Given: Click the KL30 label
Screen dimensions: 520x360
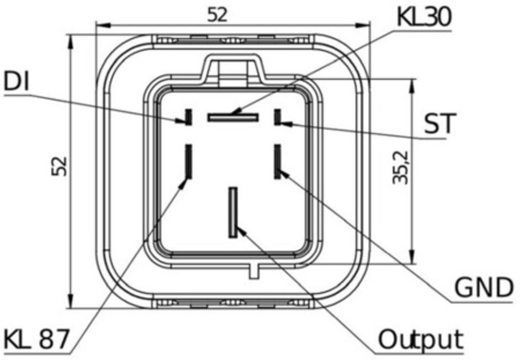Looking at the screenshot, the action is point(424,17).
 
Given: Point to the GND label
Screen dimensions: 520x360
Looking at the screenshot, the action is point(484,288).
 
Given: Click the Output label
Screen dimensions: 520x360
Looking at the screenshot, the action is point(421,339).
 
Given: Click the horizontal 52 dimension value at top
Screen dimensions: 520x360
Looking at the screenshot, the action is point(218,15).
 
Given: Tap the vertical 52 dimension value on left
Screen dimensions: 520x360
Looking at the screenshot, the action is point(60,166).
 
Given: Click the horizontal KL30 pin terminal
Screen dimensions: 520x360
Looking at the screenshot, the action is point(233,117).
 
